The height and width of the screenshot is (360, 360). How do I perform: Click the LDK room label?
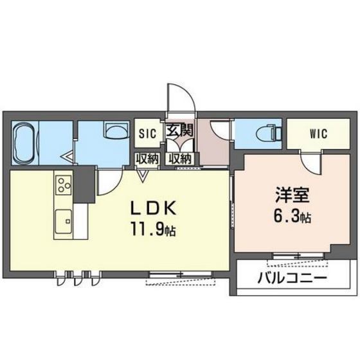(154, 208)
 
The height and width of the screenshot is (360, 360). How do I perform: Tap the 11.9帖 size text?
(154, 229)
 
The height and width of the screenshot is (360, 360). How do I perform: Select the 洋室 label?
(292, 195)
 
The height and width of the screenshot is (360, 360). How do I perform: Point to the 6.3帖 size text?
(292, 216)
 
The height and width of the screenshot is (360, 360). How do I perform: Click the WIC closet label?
(318, 134)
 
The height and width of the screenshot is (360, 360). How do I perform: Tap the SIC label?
(147, 134)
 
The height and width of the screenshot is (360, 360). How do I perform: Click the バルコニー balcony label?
(292, 278)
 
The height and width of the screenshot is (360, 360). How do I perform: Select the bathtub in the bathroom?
(25, 143)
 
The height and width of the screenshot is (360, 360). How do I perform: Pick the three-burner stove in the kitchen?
(63, 185)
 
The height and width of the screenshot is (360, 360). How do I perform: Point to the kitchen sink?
(64, 221)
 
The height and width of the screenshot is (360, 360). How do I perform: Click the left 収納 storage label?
(147, 159)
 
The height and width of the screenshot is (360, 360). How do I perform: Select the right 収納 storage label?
(180, 159)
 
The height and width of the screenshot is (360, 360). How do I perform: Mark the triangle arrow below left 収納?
(143, 176)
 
